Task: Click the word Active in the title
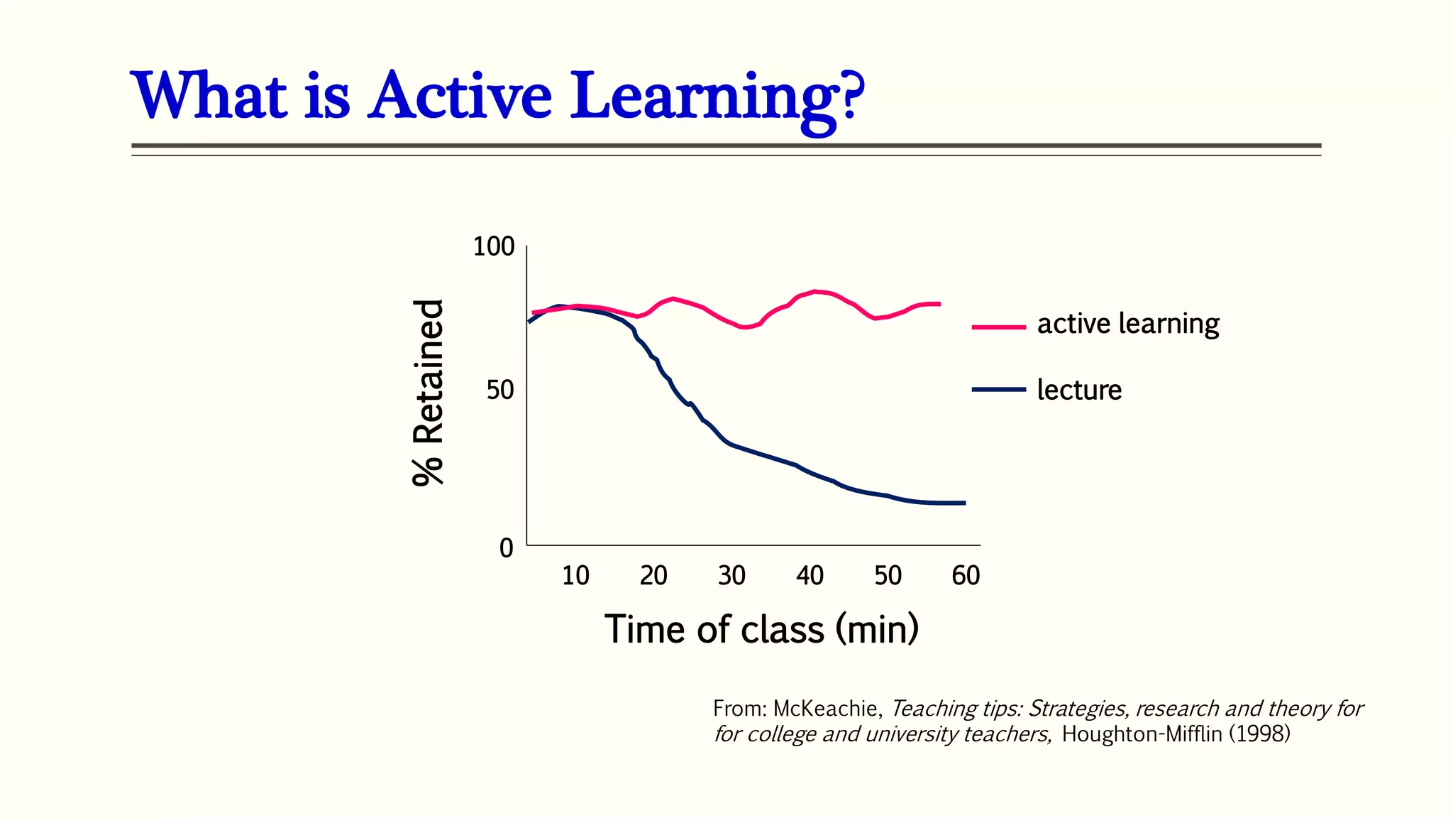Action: pyautogui.click(x=460, y=96)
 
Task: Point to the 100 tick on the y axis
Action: pyautogui.click(x=493, y=247)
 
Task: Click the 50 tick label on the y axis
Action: pyautogui.click(x=500, y=391)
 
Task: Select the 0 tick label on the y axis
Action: pyautogui.click(x=506, y=548)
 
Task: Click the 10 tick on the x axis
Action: pyautogui.click(x=575, y=576)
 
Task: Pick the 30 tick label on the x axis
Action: pyautogui.click(x=731, y=576)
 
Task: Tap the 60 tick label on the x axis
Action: pyautogui.click(x=966, y=576)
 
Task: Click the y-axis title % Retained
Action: pyautogui.click(x=429, y=393)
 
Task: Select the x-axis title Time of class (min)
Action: pyautogui.click(x=761, y=629)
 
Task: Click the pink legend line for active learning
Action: pyautogui.click(x=998, y=327)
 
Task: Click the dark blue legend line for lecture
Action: pyautogui.click(x=998, y=389)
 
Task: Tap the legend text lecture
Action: pyautogui.click(x=1079, y=390)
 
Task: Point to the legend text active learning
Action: pyautogui.click(x=1128, y=325)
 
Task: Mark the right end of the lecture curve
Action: pyautogui.click(x=963, y=503)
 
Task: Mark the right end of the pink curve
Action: pyautogui.click(x=939, y=304)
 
